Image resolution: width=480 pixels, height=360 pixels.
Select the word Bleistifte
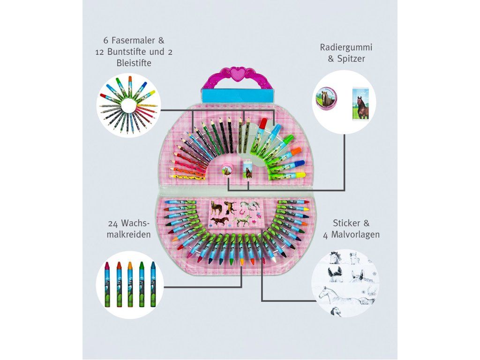(133, 63)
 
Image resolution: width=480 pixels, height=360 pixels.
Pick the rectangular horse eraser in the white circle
(360, 102)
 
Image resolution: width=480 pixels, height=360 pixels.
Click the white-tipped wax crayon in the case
(270, 259)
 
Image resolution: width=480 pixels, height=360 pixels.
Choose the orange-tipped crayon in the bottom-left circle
(119, 266)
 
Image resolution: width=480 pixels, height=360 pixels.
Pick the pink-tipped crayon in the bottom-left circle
(107, 266)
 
